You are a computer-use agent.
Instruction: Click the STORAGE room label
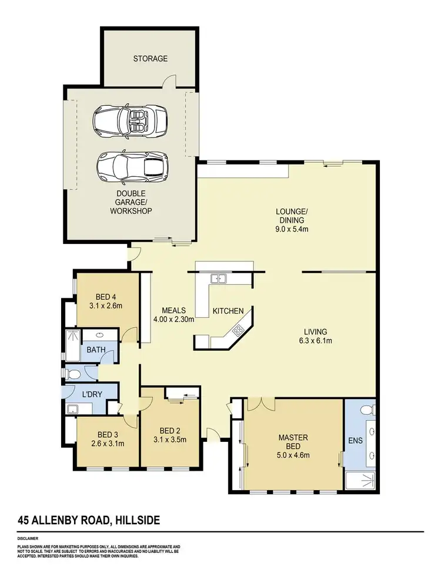click(x=150, y=59)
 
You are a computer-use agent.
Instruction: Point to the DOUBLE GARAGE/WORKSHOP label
click(x=131, y=202)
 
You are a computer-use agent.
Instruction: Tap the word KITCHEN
click(x=228, y=311)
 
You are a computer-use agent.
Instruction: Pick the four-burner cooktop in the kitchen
click(x=238, y=330)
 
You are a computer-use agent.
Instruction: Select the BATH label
click(x=96, y=350)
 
